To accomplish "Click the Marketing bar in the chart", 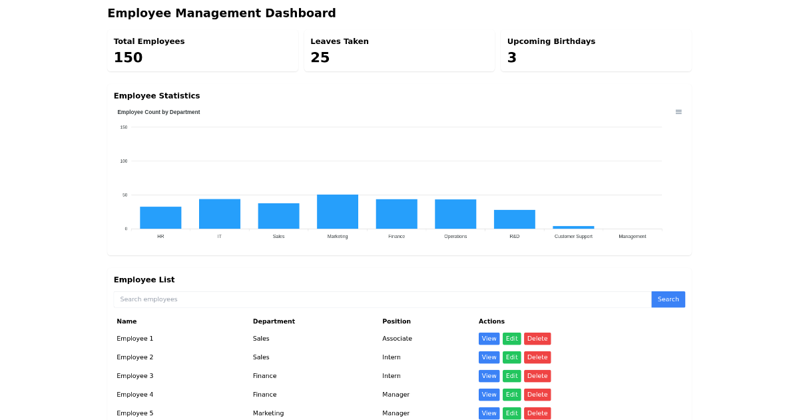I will tap(338, 212).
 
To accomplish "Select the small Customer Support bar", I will tap(573, 227).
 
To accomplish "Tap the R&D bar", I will tap(514, 219).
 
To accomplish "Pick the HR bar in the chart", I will tap(160, 218).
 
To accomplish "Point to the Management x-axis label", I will tap(632, 237).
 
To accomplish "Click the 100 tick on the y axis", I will tap(124, 161).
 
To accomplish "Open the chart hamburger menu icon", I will tap(678, 112).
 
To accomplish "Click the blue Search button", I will tap(668, 299).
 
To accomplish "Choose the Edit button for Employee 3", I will tap(511, 376).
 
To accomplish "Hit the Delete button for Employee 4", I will tap(537, 395).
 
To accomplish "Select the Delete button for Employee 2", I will tap(537, 357).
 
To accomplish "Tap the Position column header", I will tap(396, 321).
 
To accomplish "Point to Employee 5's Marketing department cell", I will tap(268, 413).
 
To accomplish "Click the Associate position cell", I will tap(397, 339).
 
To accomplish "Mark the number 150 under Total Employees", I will tap(128, 58).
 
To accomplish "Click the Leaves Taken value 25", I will tap(320, 58).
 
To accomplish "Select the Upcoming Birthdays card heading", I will tap(551, 41).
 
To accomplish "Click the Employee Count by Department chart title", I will tap(158, 112).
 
